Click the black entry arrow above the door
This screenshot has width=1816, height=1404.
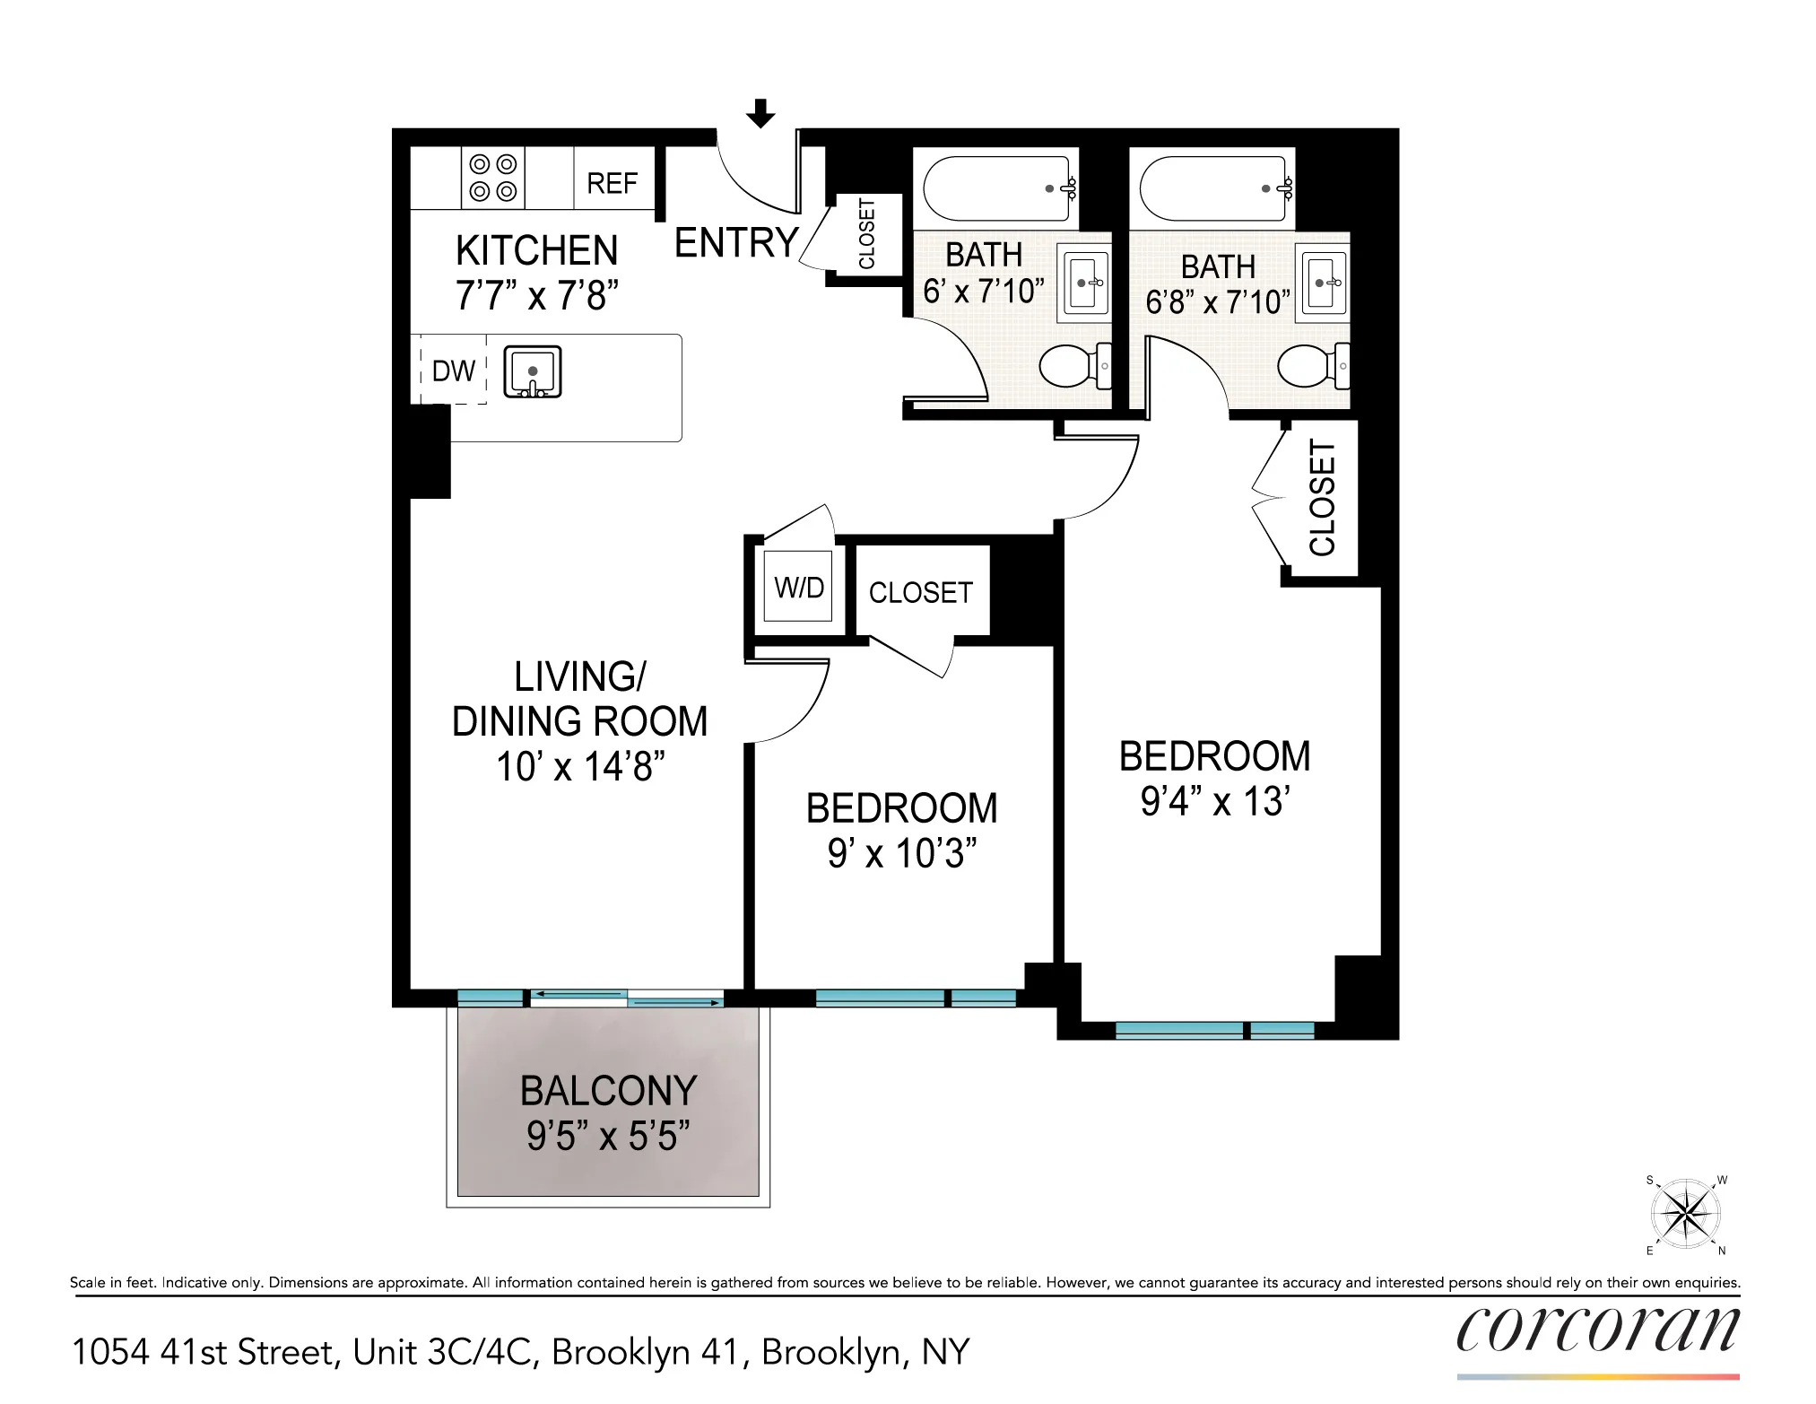pyautogui.click(x=760, y=113)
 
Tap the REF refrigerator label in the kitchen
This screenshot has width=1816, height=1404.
pyautogui.click(x=612, y=183)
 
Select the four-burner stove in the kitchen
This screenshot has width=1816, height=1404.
pyautogui.click(x=493, y=178)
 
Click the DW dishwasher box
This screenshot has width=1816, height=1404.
pyautogui.click(x=454, y=371)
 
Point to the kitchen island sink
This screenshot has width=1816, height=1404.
pyautogui.click(x=532, y=371)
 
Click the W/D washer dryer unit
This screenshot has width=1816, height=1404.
pyautogui.click(x=798, y=588)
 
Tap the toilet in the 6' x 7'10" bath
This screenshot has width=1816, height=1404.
pyautogui.click(x=1071, y=366)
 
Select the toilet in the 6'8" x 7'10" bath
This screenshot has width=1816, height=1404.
pyautogui.click(x=1310, y=366)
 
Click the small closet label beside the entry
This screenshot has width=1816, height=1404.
pyautogui.click(x=866, y=234)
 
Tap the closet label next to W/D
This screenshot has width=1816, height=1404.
pyautogui.click(x=920, y=592)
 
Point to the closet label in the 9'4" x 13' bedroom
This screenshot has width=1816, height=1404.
pyautogui.click(x=1322, y=499)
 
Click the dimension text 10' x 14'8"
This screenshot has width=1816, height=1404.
pyautogui.click(x=579, y=767)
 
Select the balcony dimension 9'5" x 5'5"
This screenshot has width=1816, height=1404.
pyautogui.click(x=607, y=1136)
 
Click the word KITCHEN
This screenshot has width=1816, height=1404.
pyautogui.click(x=536, y=250)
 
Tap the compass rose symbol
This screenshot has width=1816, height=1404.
pyautogui.click(x=1686, y=1215)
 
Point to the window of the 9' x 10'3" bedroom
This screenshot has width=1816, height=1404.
pyautogui.click(x=915, y=998)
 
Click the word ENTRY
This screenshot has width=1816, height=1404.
pyautogui.click(x=735, y=243)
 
